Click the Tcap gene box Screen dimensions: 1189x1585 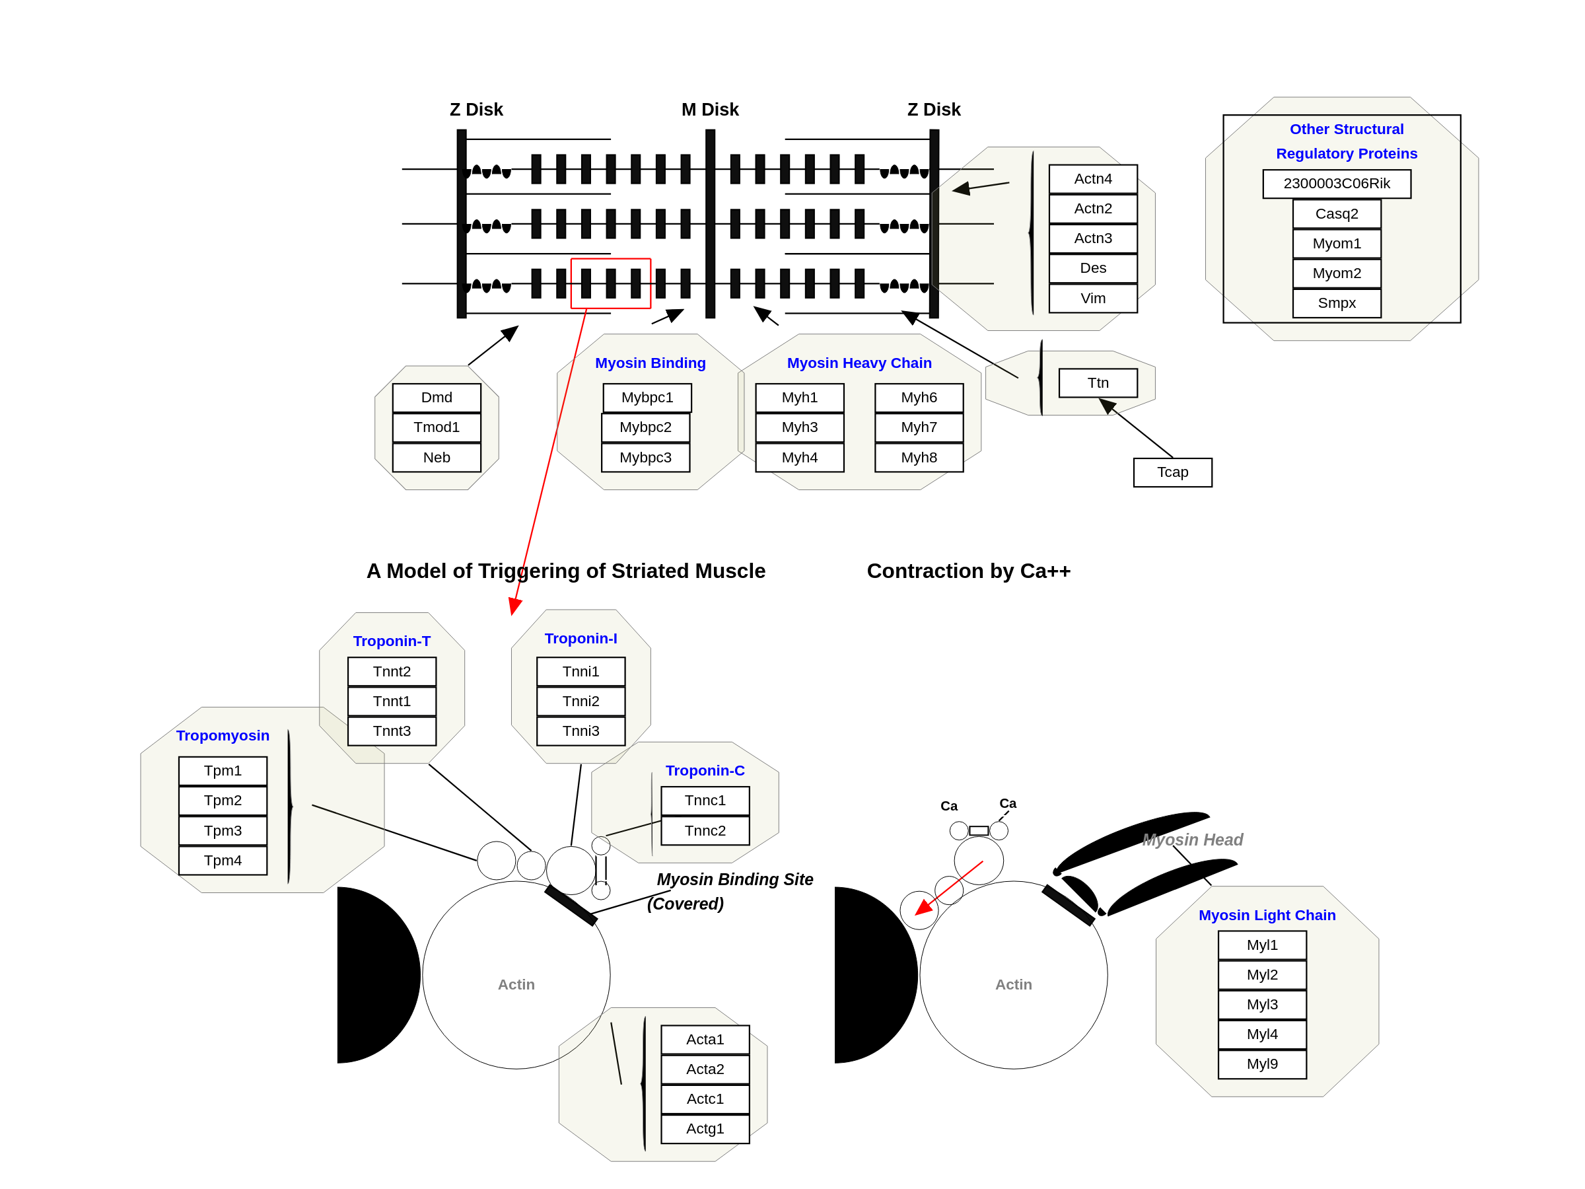1172,472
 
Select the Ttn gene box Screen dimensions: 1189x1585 1098,382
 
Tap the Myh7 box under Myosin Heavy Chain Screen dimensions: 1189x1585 919,427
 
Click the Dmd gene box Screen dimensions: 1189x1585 437,398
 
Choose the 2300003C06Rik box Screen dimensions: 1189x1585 1337,184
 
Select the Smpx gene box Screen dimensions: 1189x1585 1337,303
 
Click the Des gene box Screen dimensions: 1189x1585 1093,268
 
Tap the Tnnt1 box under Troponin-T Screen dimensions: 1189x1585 391,701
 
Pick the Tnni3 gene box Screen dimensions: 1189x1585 581,731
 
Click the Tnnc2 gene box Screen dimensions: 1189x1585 705,831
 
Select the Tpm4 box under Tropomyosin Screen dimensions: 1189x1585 223,860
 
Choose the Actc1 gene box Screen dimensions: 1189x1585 705,1099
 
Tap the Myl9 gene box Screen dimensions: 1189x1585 1262,1063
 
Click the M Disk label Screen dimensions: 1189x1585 709,110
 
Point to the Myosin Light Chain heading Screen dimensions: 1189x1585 1267,916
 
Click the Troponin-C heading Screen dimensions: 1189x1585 705,770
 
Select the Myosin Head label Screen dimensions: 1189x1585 1192,840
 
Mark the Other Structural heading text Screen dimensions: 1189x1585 1347,129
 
